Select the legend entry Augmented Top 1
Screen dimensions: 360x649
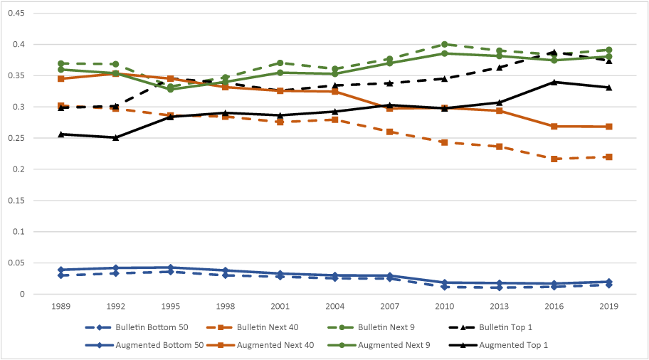point(512,344)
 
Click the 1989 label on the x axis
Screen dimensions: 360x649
point(61,307)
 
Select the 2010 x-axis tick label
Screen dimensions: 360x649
point(445,307)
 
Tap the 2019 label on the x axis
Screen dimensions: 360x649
point(609,307)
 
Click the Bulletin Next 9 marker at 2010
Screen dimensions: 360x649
point(445,44)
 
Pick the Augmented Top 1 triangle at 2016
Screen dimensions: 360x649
point(554,82)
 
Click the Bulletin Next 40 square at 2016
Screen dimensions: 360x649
point(554,159)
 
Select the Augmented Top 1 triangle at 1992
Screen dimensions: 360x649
point(116,137)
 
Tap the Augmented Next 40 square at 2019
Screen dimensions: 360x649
point(609,127)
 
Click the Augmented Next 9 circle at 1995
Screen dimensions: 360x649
point(171,89)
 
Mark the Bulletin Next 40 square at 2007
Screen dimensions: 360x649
point(390,132)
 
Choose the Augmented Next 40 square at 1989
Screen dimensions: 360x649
point(61,78)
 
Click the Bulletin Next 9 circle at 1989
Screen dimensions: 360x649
point(61,63)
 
